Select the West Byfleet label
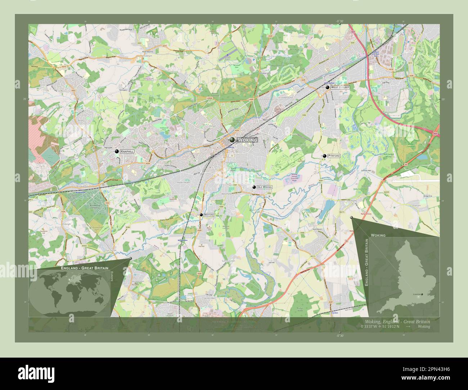tap(340, 87)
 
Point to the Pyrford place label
tap(334, 156)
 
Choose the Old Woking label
tap(265, 187)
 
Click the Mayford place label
tap(209, 215)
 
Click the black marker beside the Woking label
tap(232, 140)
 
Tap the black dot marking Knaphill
tap(117, 151)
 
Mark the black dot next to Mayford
tap(201, 215)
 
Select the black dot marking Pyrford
tap(325, 156)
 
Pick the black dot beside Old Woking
tap(254, 187)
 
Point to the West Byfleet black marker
tap(327, 87)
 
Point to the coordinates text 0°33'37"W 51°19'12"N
tap(379, 327)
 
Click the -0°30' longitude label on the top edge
tap(341, 21)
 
